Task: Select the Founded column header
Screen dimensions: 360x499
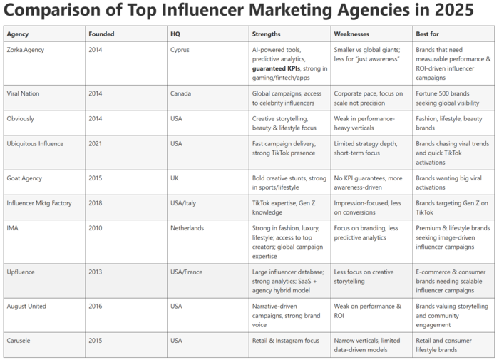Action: [101, 34]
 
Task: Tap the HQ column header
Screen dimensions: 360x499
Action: [175, 34]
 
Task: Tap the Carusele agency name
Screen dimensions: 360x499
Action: [21, 340]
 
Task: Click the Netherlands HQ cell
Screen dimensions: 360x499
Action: [187, 228]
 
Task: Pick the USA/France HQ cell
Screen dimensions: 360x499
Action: [187, 272]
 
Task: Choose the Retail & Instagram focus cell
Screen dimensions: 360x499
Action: [286, 340]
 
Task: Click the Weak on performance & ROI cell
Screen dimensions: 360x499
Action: [367, 311]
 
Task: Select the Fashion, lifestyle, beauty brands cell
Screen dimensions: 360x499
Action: [448, 123]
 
